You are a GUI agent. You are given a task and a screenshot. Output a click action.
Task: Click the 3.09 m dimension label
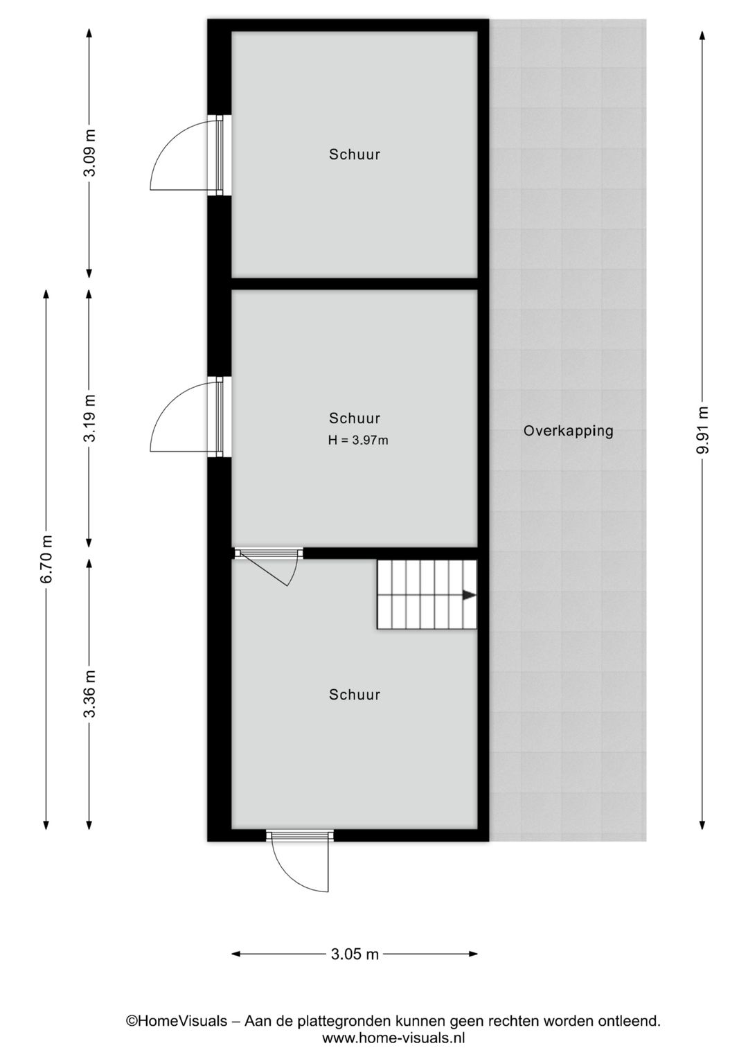tap(89, 152)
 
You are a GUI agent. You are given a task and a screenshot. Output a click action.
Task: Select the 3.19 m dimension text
tap(89, 418)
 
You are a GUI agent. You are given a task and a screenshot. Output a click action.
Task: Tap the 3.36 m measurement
tap(89, 693)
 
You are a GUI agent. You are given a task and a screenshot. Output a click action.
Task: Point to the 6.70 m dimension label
tap(46, 559)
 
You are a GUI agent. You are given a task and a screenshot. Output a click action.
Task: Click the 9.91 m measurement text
tap(702, 429)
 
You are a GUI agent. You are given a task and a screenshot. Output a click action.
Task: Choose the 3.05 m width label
tap(355, 954)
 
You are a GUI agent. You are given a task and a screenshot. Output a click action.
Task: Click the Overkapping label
tap(568, 431)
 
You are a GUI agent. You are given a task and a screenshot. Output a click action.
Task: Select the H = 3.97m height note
tap(358, 441)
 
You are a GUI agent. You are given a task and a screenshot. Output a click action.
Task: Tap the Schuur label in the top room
tap(355, 154)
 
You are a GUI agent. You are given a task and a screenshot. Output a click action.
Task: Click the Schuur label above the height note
tap(355, 418)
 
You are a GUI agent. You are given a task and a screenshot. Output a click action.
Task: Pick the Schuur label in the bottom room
tap(355, 695)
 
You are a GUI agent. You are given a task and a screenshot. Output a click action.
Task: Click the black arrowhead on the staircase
tap(469, 595)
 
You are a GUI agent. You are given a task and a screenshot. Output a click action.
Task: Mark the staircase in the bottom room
tap(427, 594)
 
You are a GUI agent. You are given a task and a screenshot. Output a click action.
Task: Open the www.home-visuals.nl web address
tap(393, 1038)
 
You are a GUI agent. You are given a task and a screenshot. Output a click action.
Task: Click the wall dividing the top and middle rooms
tap(355, 283)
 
